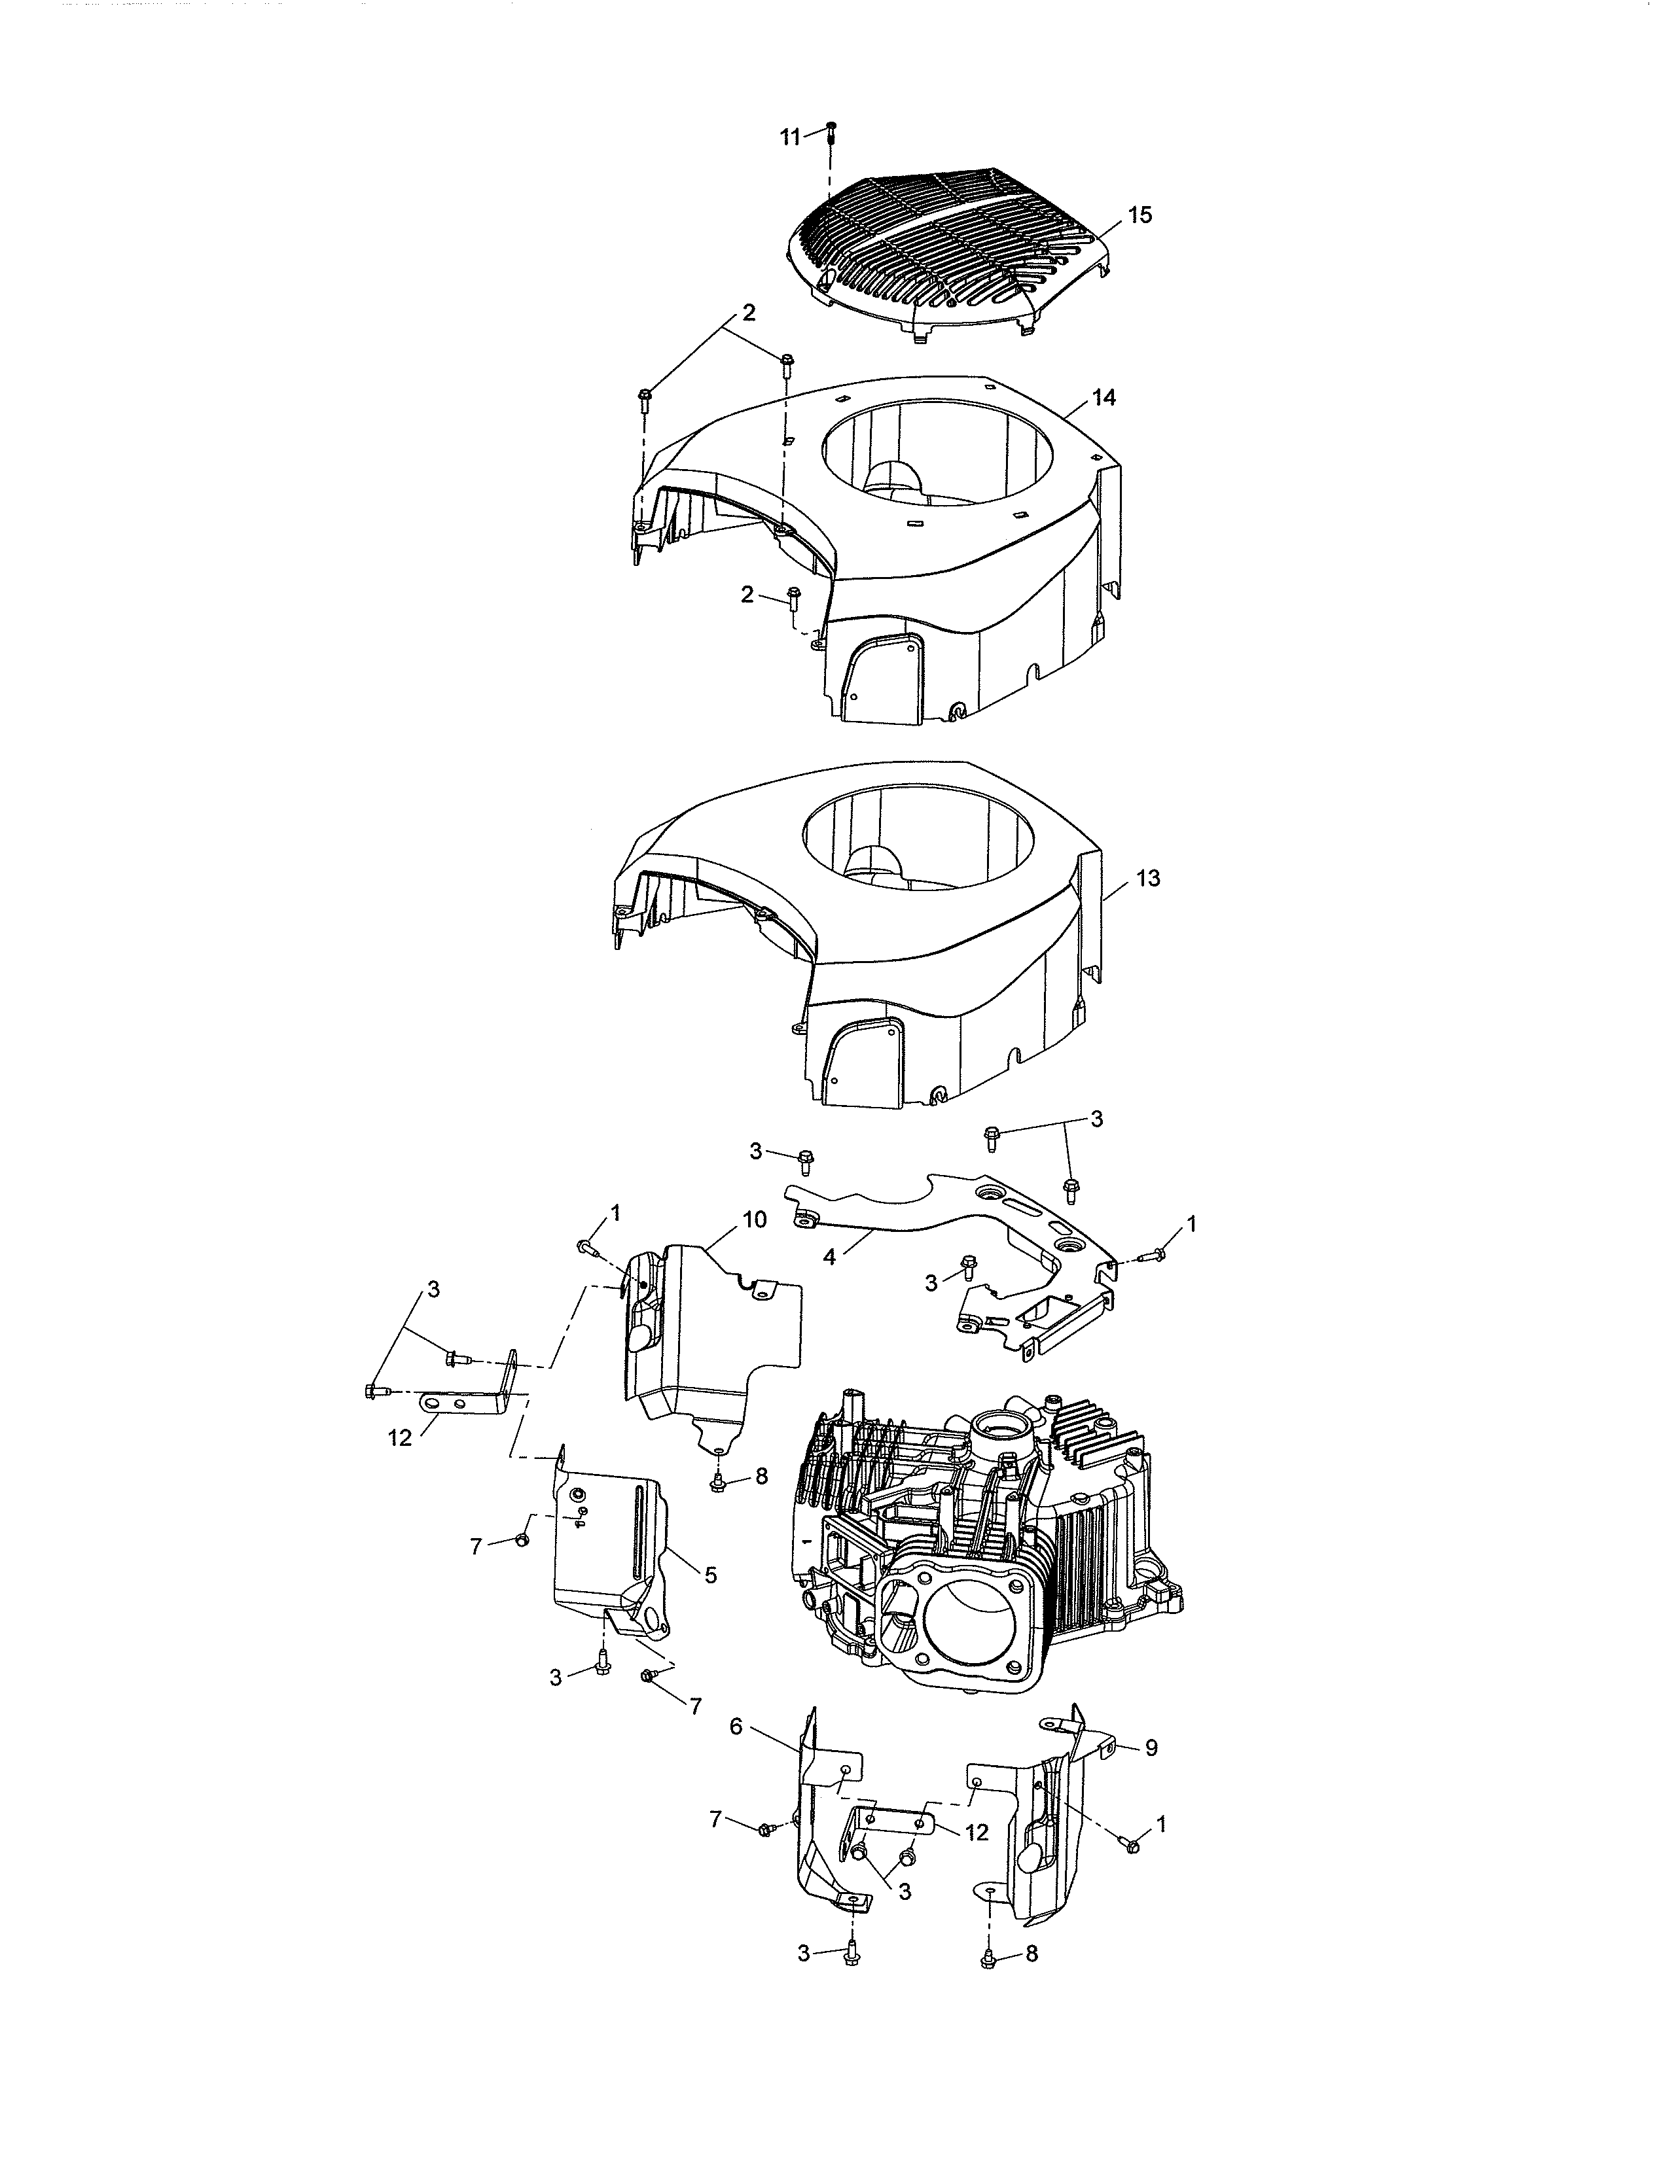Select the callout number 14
tap(1104, 397)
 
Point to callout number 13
tap(1148, 878)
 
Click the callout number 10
tap(753, 1220)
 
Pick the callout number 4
tap(829, 1258)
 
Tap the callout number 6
tap(736, 1726)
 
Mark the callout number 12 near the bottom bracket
tap(976, 1832)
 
